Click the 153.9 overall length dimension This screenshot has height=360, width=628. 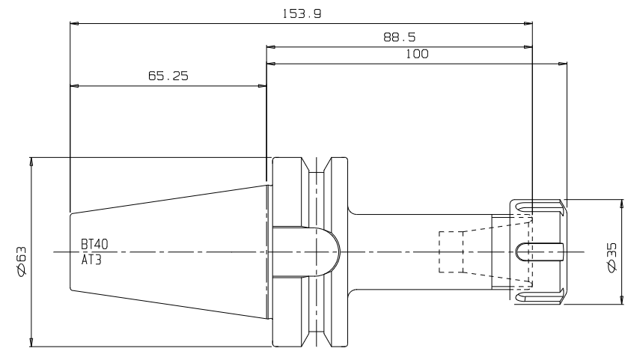[302, 14]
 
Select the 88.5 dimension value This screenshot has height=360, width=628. [399, 37]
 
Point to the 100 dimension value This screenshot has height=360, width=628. [417, 54]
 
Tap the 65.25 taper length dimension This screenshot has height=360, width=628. [168, 76]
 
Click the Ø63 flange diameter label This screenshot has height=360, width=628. [21, 260]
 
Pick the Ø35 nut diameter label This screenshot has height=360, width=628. [612, 257]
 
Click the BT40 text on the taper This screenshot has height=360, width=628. [94, 244]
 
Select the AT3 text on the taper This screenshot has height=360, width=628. [91, 260]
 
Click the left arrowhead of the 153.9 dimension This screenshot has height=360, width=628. [74, 24]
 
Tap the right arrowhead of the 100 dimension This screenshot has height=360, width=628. [563, 64]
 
